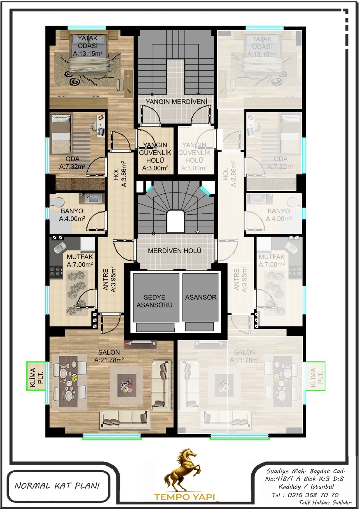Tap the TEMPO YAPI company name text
(x=185, y=497)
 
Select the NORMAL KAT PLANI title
(x=57, y=486)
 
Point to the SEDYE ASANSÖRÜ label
(x=155, y=301)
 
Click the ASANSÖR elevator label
(x=201, y=297)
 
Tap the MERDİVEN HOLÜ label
(x=175, y=251)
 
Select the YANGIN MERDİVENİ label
(x=176, y=102)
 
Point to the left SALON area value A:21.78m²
(x=109, y=360)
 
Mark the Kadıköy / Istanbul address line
(x=306, y=487)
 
